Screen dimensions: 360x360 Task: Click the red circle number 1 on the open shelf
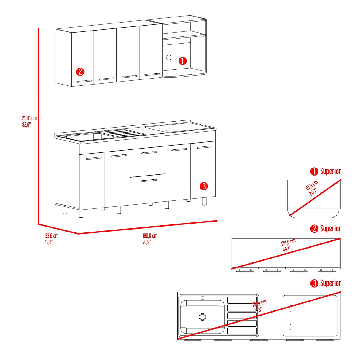coord(182,61)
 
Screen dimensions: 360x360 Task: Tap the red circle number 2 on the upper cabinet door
coord(80,72)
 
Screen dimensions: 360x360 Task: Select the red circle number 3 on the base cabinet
coord(204,186)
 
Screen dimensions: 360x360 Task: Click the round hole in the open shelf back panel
coord(169,57)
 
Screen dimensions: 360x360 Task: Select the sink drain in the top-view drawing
coord(203,317)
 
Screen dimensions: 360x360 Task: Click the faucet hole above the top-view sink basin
coord(203,298)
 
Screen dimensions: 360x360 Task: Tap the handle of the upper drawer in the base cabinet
coord(149,153)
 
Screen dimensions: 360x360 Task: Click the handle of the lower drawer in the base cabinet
coord(149,180)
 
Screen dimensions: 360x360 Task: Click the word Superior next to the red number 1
coord(330,171)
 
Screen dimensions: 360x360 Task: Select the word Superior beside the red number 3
coord(330,283)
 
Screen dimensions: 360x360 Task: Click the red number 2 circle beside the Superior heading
coord(314,229)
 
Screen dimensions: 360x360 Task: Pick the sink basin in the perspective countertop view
coord(89,137)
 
